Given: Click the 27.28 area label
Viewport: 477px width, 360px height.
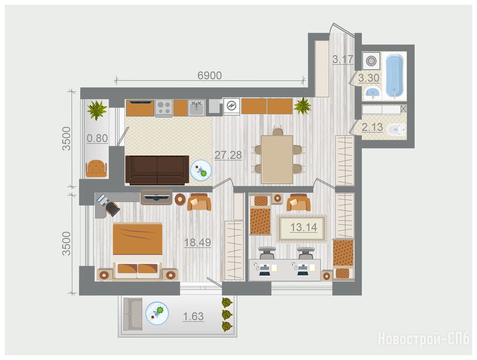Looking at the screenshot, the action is click(x=228, y=155).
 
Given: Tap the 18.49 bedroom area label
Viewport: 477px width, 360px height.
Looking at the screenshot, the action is click(x=197, y=242).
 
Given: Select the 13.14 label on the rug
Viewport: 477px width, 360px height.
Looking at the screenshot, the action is click(x=303, y=227).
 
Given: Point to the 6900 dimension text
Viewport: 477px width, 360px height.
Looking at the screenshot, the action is click(x=210, y=75).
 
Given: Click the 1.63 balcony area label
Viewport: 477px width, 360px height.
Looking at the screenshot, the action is click(x=193, y=316).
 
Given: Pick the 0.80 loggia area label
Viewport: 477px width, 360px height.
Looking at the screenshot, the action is click(x=98, y=138).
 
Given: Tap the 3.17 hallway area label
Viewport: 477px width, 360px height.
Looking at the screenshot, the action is click(x=343, y=59).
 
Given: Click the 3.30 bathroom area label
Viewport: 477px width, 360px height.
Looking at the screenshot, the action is click(x=369, y=78).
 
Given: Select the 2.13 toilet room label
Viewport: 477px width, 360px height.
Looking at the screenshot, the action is click(x=372, y=127).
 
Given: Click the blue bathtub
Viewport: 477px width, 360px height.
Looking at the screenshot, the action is click(x=394, y=76).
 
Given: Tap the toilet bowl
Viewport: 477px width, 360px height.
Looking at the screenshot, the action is click(x=396, y=130).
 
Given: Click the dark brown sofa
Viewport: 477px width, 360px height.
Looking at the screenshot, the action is click(x=157, y=170).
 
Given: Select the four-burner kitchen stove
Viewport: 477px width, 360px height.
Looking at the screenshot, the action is click(x=164, y=108).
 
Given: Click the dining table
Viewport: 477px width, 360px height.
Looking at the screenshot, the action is click(x=277, y=159).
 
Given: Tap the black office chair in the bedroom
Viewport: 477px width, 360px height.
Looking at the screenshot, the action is click(x=112, y=209).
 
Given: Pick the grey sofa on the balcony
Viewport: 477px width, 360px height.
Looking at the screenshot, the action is click(x=132, y=314).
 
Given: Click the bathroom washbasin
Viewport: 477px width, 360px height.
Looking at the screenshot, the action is click(x=372, y=92).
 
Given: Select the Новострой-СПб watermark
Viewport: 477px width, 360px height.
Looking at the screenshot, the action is click(x=424, y=339).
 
